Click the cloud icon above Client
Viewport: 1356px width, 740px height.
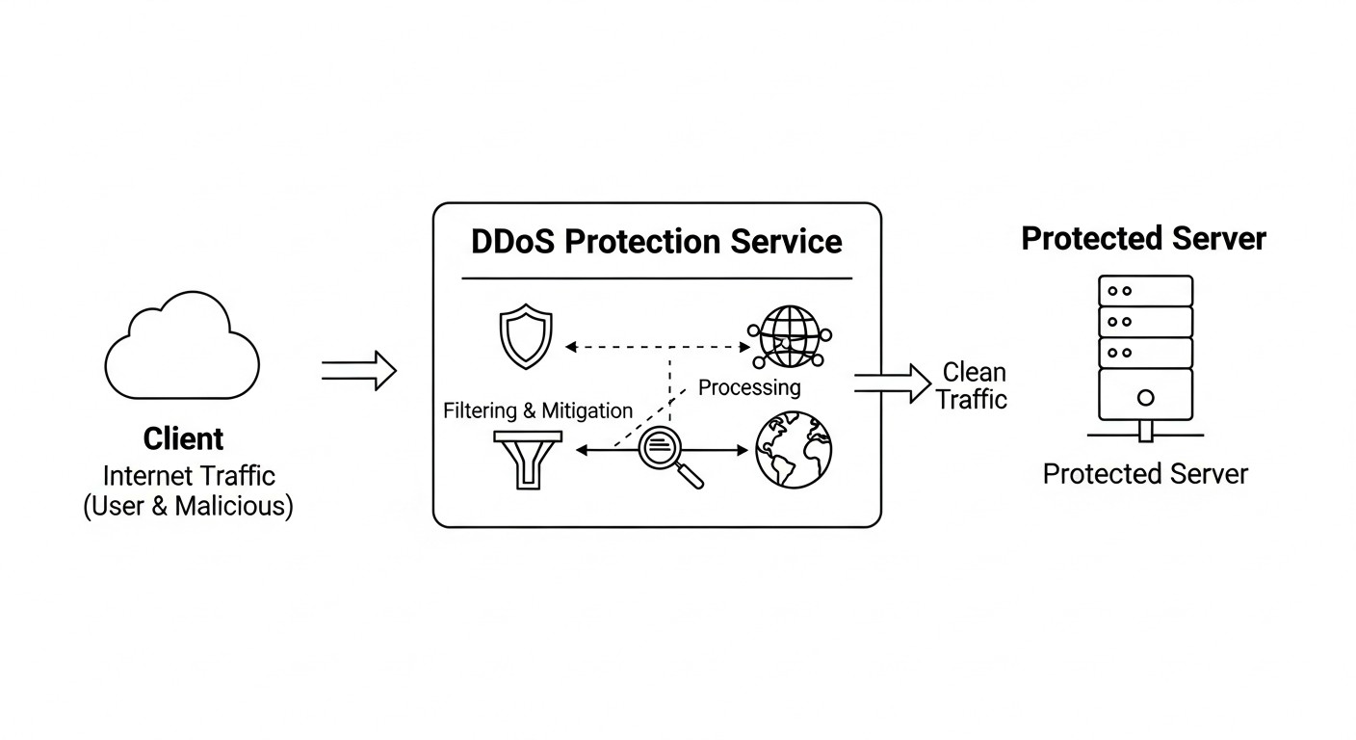click(182, 352)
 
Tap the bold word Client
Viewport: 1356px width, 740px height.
click(183, 439)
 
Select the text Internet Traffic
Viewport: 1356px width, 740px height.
click(189, 475)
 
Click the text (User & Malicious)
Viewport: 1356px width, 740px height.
click(188, 506)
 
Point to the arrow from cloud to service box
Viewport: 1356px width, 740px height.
click(358, 370)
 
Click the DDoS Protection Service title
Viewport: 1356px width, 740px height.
click(657, 241)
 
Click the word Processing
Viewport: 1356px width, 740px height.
click(749, 387)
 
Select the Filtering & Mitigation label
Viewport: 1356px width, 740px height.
click(537, 410)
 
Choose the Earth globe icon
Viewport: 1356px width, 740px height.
click(793, 451)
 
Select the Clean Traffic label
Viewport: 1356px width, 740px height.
click(973, 385)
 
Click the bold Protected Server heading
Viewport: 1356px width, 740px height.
click(1143, 238)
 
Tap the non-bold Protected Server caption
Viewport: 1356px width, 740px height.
click(1145, 474)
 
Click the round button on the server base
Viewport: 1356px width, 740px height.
click(1145, 397)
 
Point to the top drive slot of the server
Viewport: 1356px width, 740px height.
click(1145, 290)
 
